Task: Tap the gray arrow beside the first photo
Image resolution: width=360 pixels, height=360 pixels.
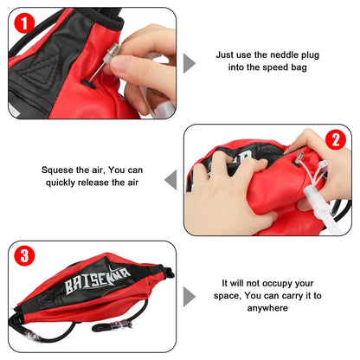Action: [x=190, y=62]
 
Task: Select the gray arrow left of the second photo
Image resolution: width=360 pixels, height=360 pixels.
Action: [x=170, y=179]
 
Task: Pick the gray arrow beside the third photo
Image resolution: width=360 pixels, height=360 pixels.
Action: [x=190, y=294]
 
